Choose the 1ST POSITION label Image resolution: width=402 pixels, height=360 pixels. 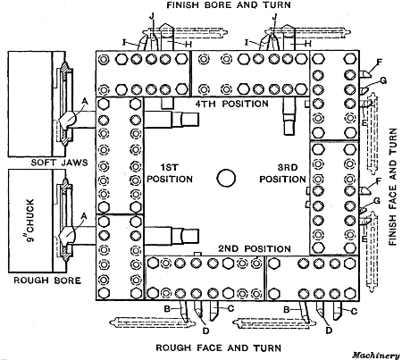tap(171, 172)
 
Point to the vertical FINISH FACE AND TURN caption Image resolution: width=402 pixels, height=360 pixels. tap(391, 183)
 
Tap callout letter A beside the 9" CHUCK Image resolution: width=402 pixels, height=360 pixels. tap(85, 215)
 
